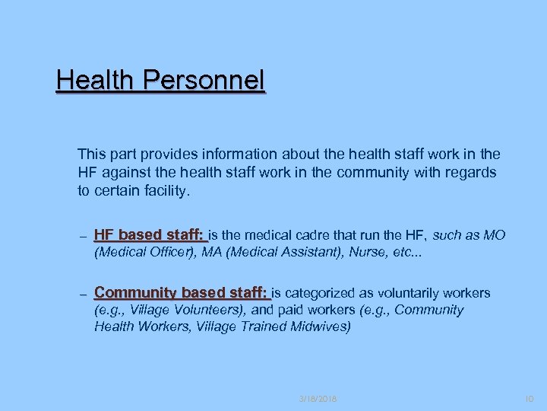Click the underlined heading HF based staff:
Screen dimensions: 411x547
click(x=150, y=234)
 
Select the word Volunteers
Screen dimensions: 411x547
click(x=207, y=310)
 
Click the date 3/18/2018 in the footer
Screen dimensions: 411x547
click(x=318, y=398)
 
